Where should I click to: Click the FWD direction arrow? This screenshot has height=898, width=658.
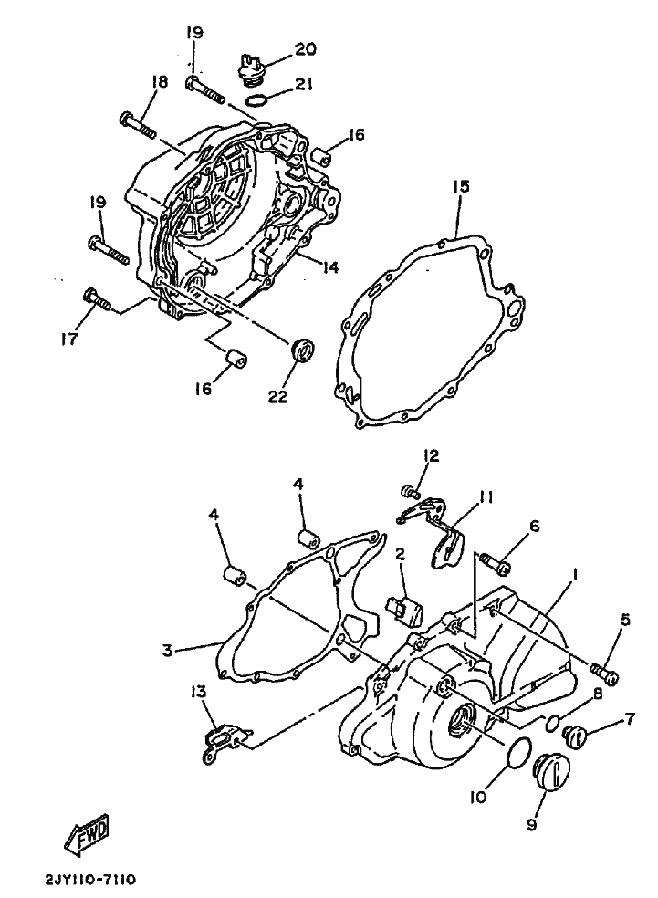click(87, 832)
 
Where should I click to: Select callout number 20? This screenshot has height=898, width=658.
click(305, 49)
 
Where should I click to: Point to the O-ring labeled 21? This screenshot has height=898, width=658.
click(263, 100)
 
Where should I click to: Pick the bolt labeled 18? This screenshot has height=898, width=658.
click(139, 127)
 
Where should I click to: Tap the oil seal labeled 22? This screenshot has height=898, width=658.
click(304, 350)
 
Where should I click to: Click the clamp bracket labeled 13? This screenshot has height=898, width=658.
click(225, 742)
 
